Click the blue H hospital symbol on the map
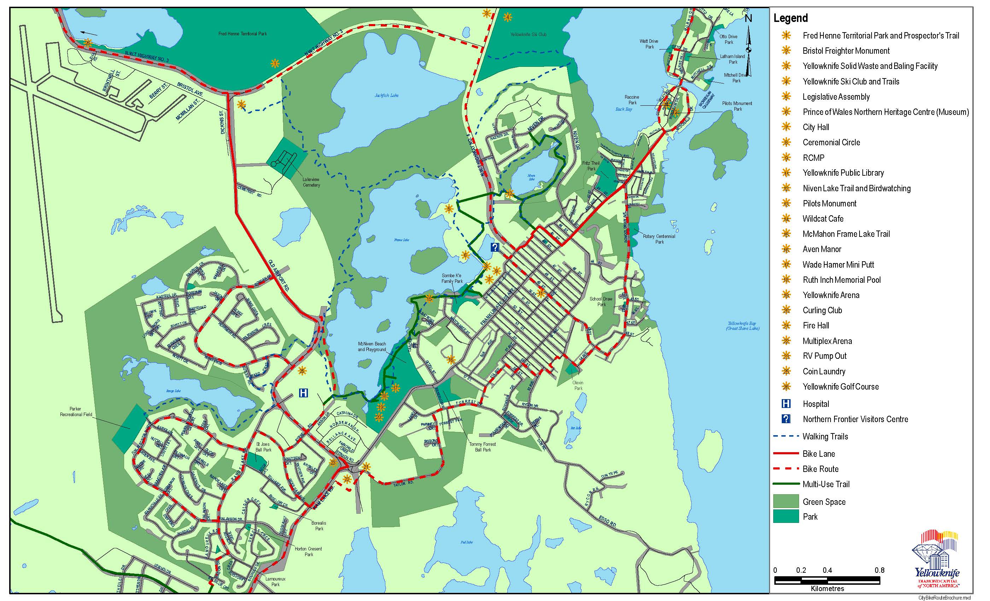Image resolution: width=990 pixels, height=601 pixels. tap(304, 393)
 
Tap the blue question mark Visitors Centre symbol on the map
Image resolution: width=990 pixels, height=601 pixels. tap(495, 247)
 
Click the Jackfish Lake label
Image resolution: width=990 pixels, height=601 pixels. tap(386, 95)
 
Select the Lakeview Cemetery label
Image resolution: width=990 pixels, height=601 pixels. tap(311, 182)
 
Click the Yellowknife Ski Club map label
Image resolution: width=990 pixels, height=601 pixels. tap(528, 35)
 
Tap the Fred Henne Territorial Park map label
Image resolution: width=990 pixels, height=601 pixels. tap(242, 34)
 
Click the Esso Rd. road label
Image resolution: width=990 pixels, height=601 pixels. tap(607, 521)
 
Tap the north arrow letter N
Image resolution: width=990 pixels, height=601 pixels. tap(748, 18)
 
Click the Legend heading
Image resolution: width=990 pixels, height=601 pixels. tap(790, 18)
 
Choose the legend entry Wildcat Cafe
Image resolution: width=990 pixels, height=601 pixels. tap(823, 219)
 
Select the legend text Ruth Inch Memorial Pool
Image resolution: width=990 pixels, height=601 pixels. tap(841, 280)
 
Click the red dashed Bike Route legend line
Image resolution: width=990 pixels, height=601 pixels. tap(786, 468)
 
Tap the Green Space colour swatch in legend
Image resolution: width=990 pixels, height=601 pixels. tap(786, 501)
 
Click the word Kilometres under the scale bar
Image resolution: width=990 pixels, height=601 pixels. tap(827, 589)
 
